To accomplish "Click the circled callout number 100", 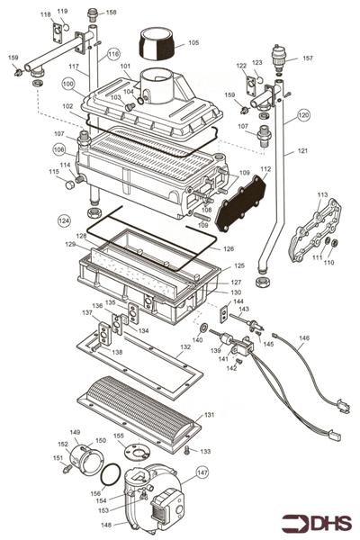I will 68,83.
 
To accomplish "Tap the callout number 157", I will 307,58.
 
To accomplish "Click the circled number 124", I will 63,220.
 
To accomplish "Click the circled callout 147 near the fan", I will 202,471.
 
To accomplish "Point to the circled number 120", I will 303,115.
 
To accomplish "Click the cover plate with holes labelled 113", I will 311,230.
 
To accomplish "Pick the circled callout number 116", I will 113,54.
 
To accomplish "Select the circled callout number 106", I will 58,149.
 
